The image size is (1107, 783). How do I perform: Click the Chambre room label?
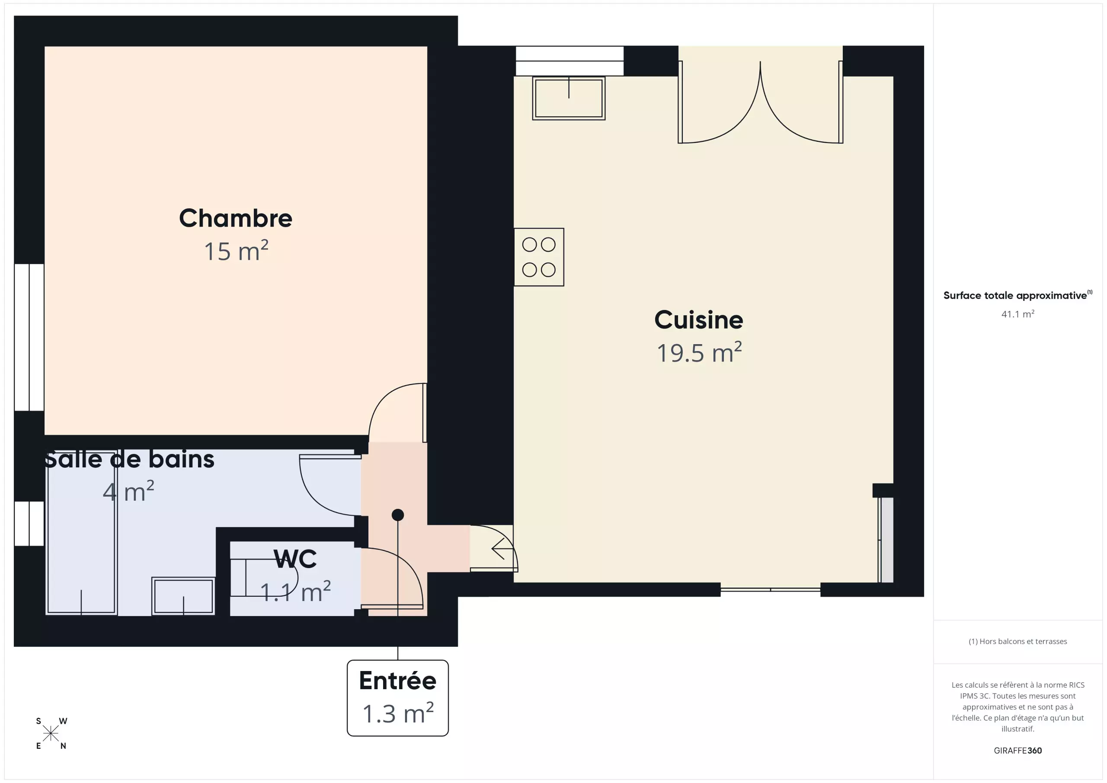click(235, 218)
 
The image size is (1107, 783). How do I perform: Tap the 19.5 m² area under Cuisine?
click(699, 352)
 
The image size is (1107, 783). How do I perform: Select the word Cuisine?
click(699, 320)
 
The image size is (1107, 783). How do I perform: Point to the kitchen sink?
click(569, 98)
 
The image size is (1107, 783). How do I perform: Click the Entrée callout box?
click(398, 698)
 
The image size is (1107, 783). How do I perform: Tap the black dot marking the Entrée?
click(398, 515)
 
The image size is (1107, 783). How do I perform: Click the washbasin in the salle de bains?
click(183, 596)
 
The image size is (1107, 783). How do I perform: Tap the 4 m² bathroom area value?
click(128, 491)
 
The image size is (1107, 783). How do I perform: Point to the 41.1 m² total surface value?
click(1018, 314)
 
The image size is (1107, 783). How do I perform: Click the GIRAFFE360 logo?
click(1018, 750)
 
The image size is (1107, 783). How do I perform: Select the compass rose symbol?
click(51, 734)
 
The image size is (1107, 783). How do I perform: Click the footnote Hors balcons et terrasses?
click(1018, 641)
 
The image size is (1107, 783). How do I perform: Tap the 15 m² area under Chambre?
click(236, 251)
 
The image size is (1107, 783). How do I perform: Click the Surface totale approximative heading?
click(1018, 295)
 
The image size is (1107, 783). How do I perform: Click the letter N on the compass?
click(63, 746)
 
